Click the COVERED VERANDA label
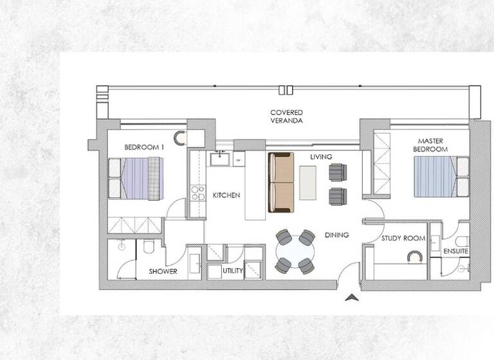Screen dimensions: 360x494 (x=286, y=116)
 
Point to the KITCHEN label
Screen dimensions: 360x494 (x=227, y=195)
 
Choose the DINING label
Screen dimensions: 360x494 (x=336, y=235)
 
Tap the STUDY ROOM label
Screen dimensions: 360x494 (x=403, y=239)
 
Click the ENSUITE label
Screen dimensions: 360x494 (x=455, y=251)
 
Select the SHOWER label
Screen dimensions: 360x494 (x=163, y=271)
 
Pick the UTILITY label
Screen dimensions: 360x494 (x=232, y=271)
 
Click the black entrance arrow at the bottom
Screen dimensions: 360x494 (x=351, y=297)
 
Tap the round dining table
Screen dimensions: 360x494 (x=295, y=251)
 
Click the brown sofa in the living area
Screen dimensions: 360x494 (x=281, y=182)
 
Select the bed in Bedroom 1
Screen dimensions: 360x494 (x=136, y=178)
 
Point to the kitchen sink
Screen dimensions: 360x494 (x=221, y=157)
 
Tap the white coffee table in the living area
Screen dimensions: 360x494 (x=308, y=181)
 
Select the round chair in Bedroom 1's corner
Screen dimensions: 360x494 (x=179, y=137)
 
